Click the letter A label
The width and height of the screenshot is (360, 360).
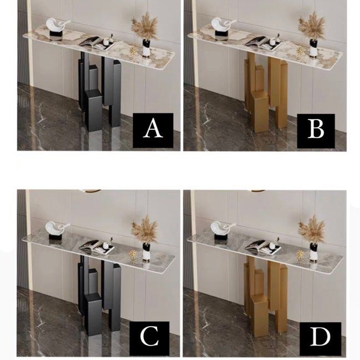[x=153, y=130]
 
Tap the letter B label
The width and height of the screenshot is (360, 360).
[x=316, y=131]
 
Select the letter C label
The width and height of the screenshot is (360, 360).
[x=149, y=337]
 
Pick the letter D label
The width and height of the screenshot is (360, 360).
[x=321, y=337]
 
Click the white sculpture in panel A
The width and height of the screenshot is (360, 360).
[x=57, y=27]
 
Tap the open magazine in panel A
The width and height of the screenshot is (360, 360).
[x=97, y=43]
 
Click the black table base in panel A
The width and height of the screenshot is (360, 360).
[x=100, y=92]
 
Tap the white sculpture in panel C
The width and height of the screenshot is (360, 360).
[x=57, y=231]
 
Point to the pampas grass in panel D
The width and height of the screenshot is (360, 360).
[x=312, y=229]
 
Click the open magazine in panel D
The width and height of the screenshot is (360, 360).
[x=263, y=247]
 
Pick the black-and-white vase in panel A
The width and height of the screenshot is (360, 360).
[x=147, y=47]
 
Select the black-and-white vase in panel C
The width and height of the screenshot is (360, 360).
[x=147, y=252]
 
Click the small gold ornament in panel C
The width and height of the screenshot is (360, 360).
[x=133, y=254]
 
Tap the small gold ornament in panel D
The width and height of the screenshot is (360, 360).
[x=299, y=254]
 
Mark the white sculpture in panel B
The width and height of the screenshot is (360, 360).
[x=222, y=27]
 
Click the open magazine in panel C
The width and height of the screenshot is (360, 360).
[x=97, y=247]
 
